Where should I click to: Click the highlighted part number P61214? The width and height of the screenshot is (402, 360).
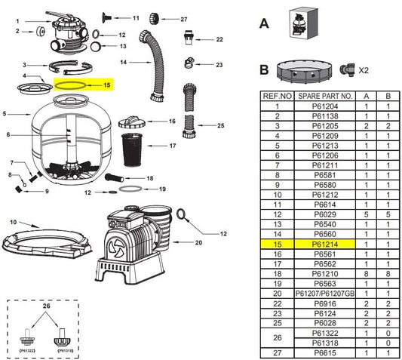(325, 244)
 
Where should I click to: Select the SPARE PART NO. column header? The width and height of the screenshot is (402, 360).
(325, 96)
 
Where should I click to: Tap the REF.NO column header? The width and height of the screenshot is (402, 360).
(278, 96)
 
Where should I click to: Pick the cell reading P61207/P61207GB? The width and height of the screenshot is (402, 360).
(325, 294)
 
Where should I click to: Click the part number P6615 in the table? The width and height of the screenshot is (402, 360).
(325, 352)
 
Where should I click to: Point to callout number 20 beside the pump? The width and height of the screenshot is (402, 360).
(198, 242)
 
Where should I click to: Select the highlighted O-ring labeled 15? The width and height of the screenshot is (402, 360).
(70, 86)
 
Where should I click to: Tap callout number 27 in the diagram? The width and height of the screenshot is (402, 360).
(183, 19)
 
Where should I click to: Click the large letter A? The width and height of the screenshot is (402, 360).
(264, 23)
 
